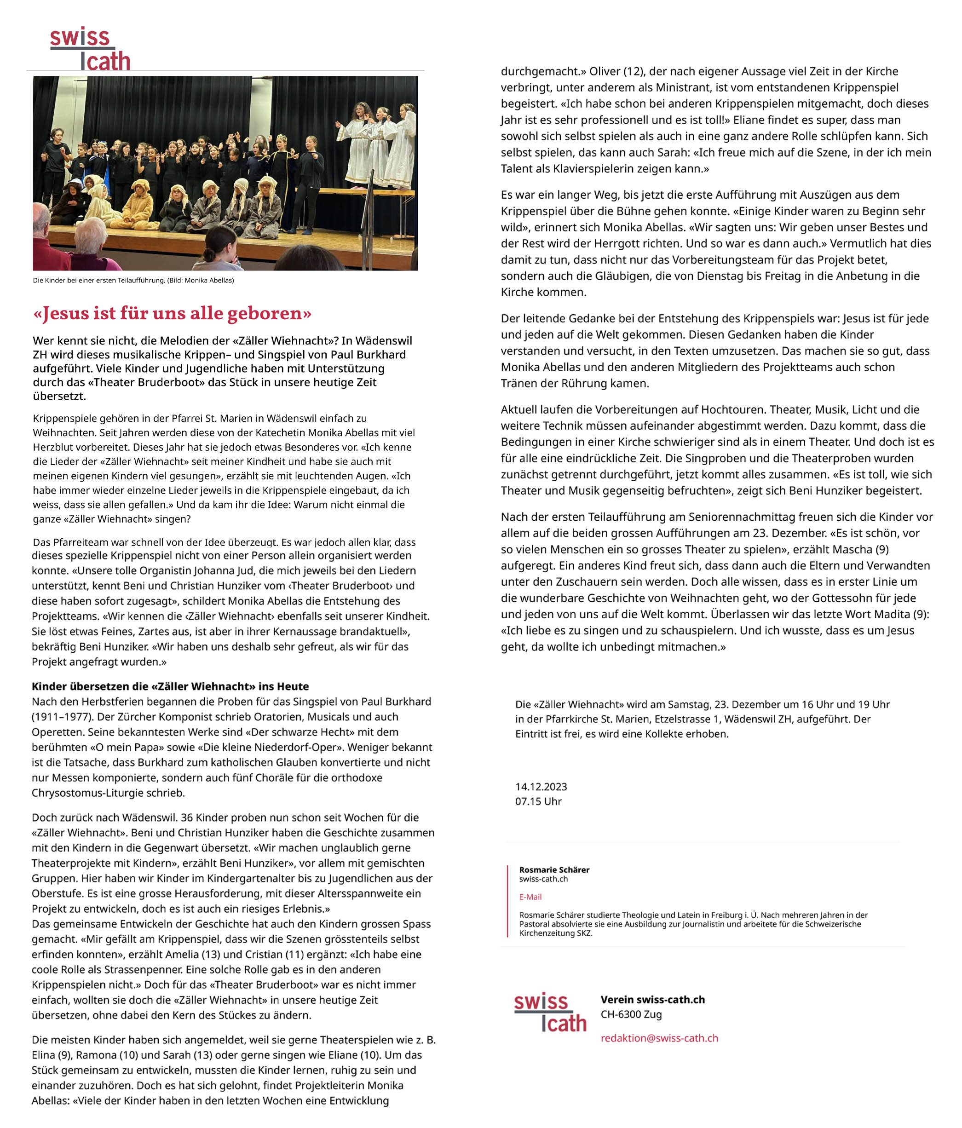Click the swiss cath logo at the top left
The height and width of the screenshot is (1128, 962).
click(90, 49)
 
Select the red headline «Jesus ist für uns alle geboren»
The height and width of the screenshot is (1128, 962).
click(172, 314)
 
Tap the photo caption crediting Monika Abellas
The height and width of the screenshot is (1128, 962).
click(133, 280)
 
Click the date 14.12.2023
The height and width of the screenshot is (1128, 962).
click(541, 787)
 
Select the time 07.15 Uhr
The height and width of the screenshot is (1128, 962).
click(538, 801)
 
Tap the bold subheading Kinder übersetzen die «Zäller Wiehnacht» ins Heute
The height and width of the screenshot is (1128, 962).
click(170, 686)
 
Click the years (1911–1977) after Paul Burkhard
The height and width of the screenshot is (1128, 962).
click(59, 717)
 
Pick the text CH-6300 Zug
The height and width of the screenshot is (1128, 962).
click(631, 1014)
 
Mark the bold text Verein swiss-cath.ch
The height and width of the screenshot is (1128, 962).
click(652, 1000)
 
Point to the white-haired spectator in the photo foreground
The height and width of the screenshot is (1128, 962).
click(90, 240)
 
